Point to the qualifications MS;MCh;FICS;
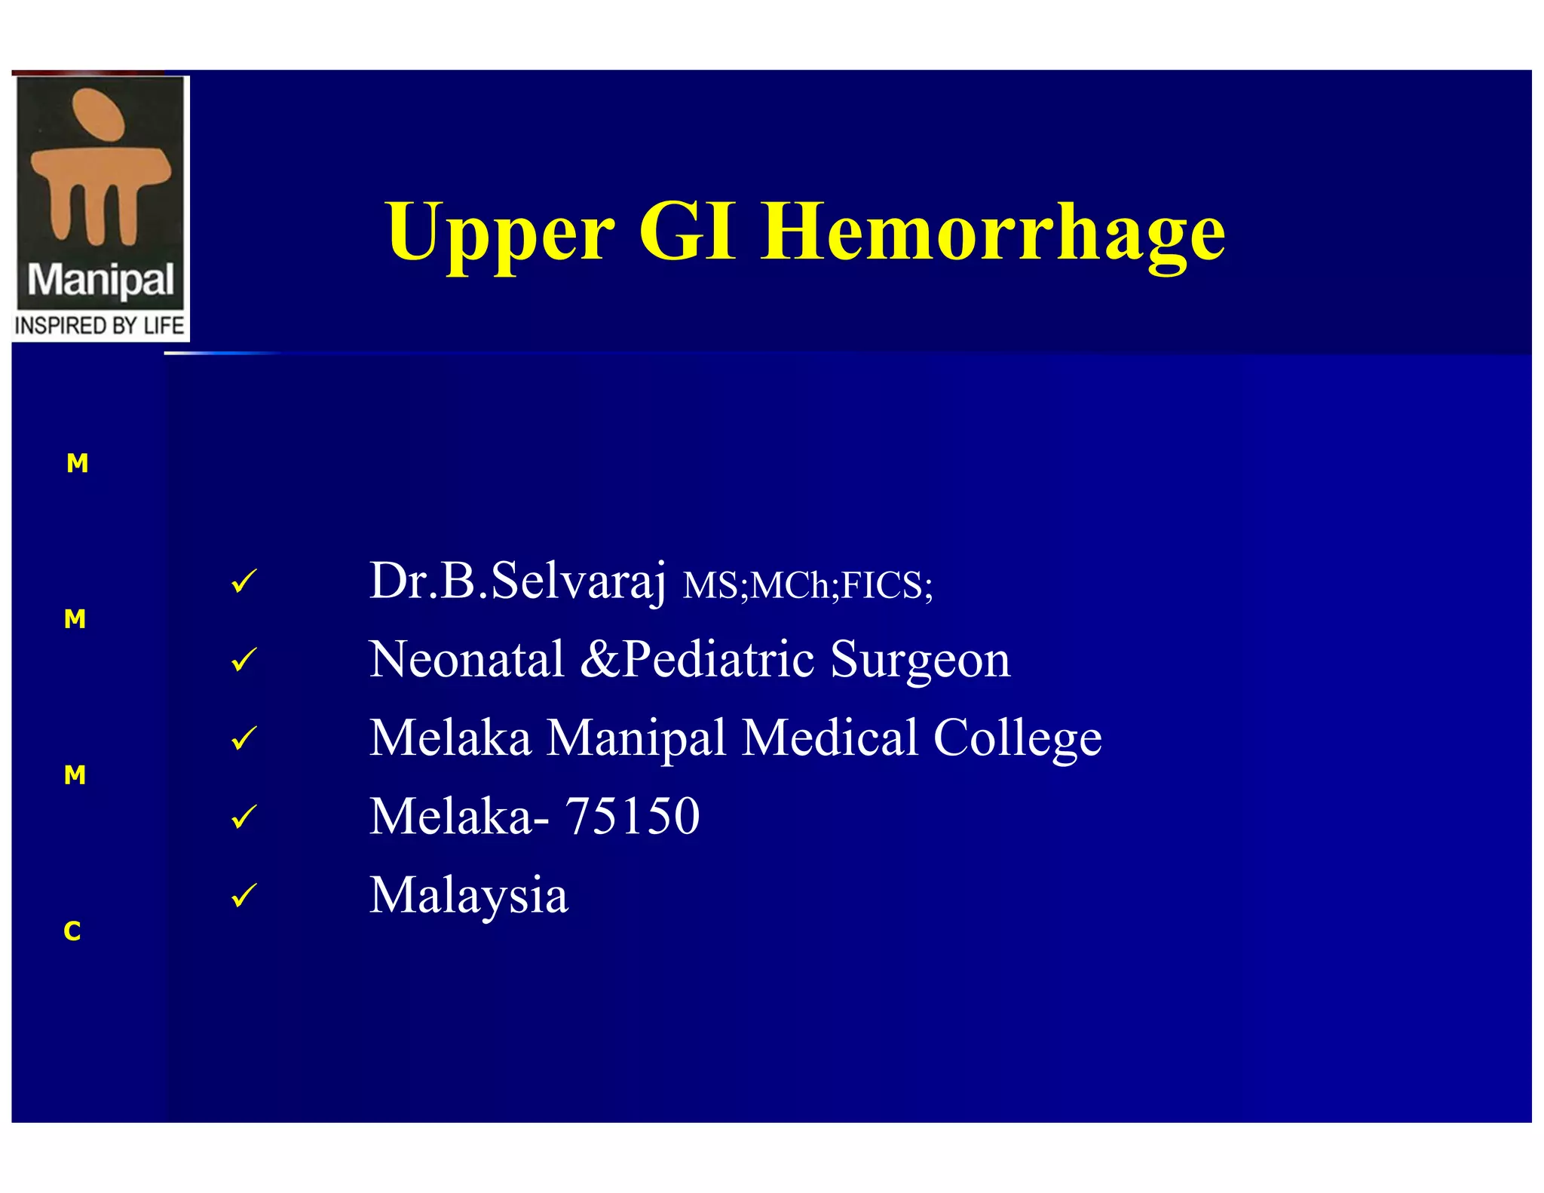(x=807, y=586)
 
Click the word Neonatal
(x=467, y=659)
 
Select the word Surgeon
(x=920, y=661)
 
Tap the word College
(x=1017, y=738)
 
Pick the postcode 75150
(x=632, y=816)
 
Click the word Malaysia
(x=468, y=895)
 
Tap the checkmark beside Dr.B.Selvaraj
(x=244, y=582)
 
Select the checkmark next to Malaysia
(x=244, y=896)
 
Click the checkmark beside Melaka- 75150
(x=244, y=817)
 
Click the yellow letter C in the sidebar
(x=72, y=932)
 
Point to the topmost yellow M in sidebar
(x=77, y=463)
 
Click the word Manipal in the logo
(x=100, y=281)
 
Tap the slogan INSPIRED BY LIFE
(x=100, y=326)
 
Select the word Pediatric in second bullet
(x=719, y=659)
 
